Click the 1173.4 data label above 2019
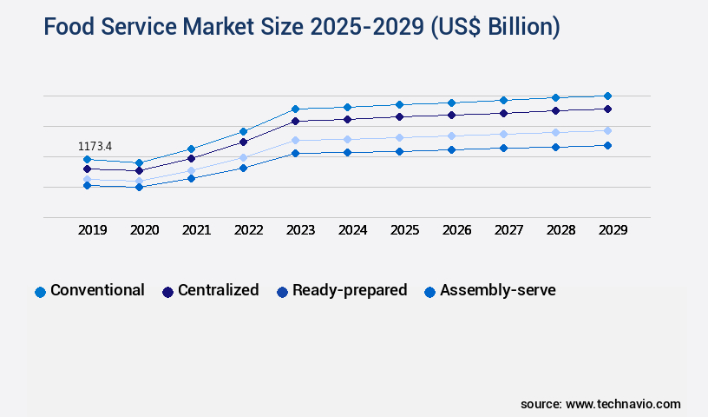pyautogui.click(x=95, y=147)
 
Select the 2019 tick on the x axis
pyautogui.click(x=92, y=230)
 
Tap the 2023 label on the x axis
pyautogui.click(x=300, y=230)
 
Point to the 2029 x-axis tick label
pyautogui.click(x=613, y=230)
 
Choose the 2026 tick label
pyautogui.click(x=456, y=230)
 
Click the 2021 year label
pyautogui.click(x=196, y=230)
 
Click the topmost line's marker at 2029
pyautogui.click(x=607, y=96)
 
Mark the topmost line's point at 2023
pyautogui.click(x=295, y=109)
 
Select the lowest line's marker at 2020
pyautogui.click(x=139, y=187)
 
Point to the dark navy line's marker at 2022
pyautogui.click(x=243, y=142)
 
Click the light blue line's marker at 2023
pyautogui.click(x=295, y=140)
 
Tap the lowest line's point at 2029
pyautogui.click(x=607, y=145)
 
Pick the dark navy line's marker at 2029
pyautogui.click(x=607, y=109)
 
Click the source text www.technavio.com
pyautogui.click(x=623, y=404)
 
